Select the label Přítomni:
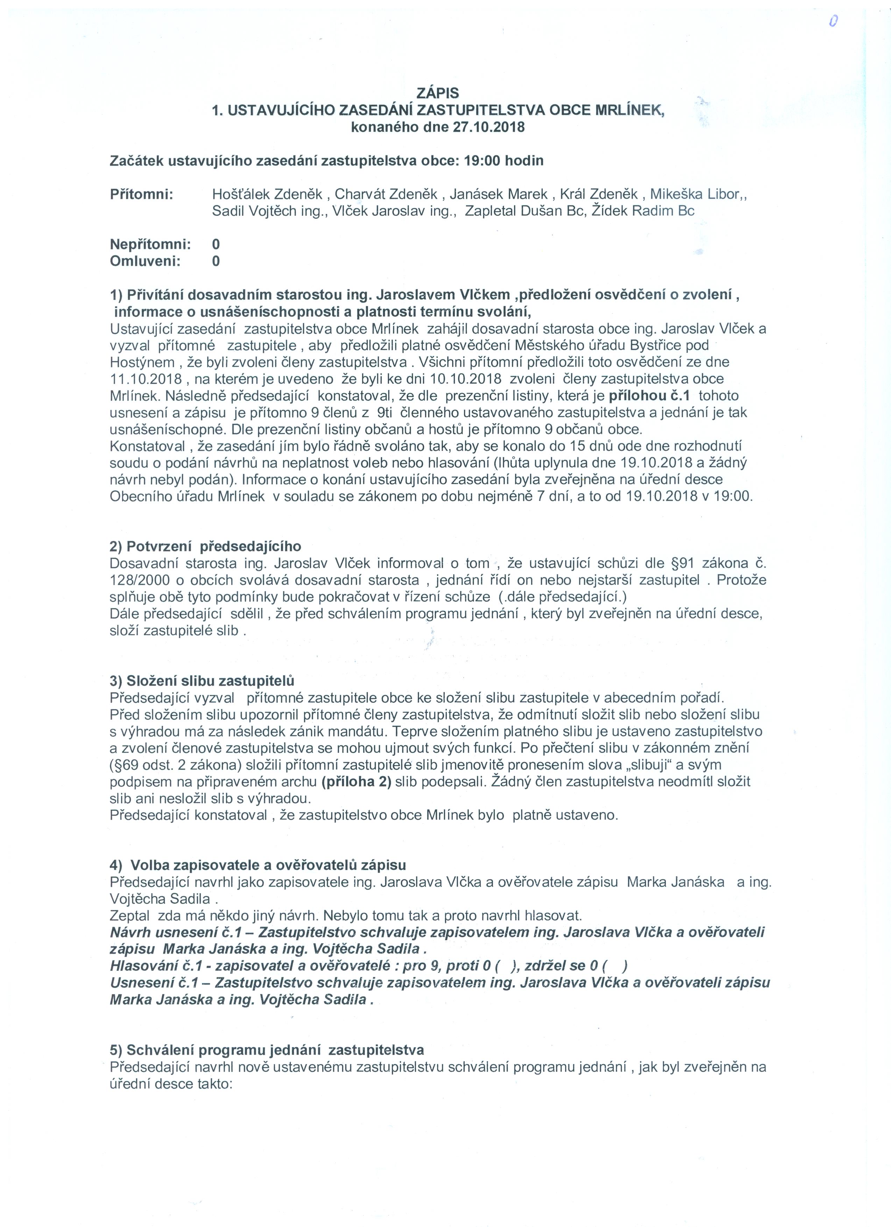[x=141, y=194]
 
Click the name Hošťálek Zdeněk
[x=267, y=194]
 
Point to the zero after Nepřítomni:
[x=216, y=245]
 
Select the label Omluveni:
[x=145, y=261]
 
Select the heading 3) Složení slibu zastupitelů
[x=202, y=681]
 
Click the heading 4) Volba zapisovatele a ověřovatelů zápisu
[x=257, y=865]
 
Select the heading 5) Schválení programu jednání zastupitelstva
[x=267, y=1050]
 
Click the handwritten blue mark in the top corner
[x=834, y=21]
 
